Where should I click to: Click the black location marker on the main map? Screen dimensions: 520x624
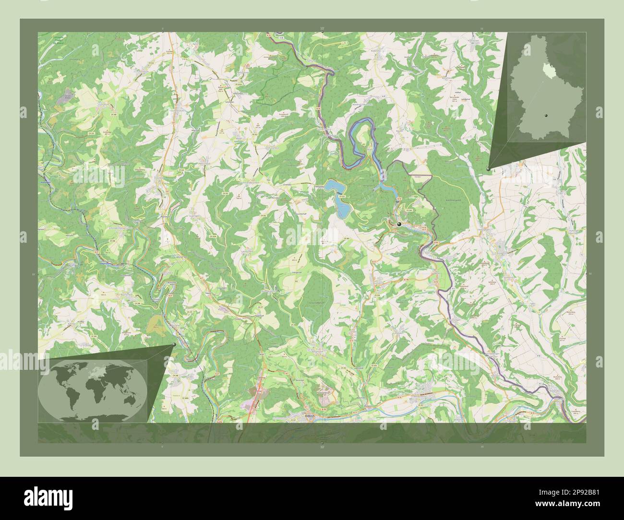399,224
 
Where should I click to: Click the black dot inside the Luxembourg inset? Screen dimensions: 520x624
546,116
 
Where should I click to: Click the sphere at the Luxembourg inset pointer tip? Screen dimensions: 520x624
488,169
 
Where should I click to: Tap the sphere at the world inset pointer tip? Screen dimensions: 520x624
174,344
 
